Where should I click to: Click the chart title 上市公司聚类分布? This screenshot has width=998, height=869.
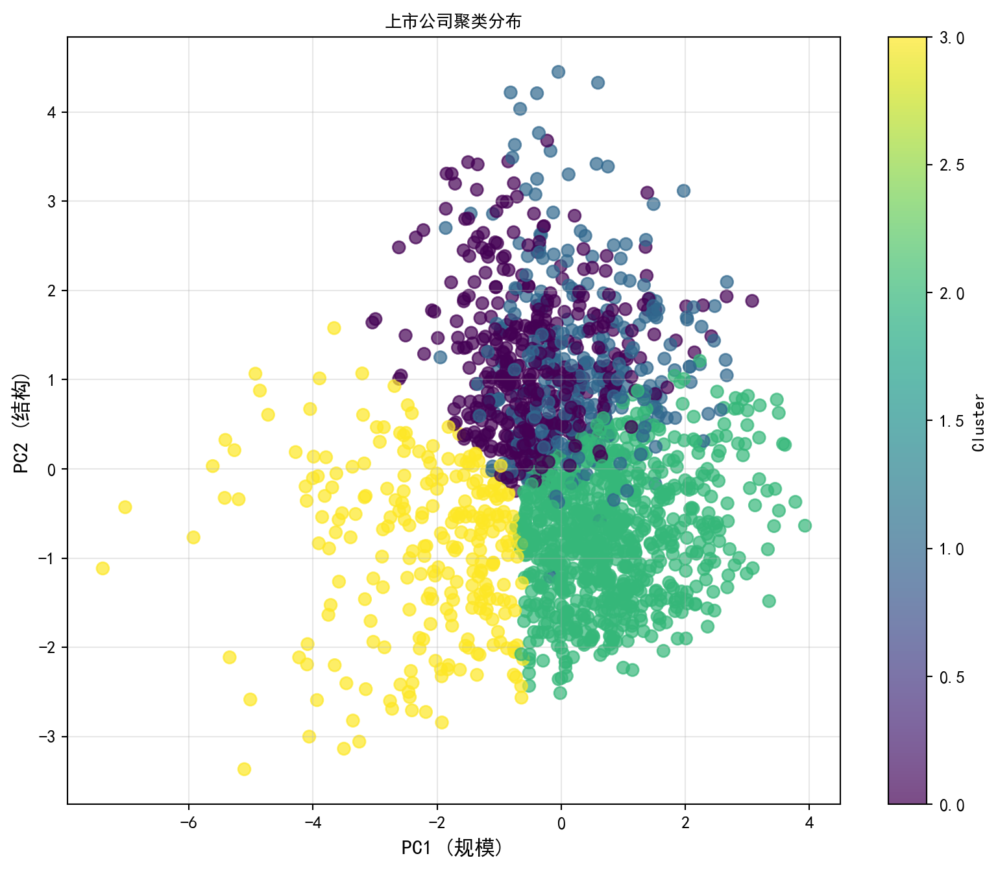[453, 21]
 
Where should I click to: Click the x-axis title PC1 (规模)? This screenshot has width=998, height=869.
[452, 848]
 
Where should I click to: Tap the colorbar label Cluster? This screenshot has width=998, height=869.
[979, 422]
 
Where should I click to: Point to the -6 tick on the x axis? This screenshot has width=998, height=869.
[189, 824]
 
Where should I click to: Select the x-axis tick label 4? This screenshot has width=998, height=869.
[809, 824]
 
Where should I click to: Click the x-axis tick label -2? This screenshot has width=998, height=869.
[437, 824]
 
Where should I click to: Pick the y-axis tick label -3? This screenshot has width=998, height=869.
[47, 737]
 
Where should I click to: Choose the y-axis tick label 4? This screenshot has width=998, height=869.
[53, 113]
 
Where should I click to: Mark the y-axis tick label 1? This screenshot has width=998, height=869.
[53, 380]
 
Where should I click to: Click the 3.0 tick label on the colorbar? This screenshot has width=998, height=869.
[952, 38]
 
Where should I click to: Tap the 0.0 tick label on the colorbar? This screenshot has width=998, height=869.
[952, 805]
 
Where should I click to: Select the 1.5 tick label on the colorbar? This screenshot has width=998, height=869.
[952, 422]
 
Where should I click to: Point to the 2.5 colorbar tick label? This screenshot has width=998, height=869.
[952, 166]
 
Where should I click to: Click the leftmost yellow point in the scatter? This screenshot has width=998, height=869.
[103, 569]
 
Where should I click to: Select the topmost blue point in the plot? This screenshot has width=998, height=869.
[558, 72]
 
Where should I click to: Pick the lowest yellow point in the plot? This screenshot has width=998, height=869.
[244, 769]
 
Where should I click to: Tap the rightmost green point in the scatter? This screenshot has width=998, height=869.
[805, 526]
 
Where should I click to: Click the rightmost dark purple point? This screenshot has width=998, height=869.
[752, 301]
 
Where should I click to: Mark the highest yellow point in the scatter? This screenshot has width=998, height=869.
[334, 328]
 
